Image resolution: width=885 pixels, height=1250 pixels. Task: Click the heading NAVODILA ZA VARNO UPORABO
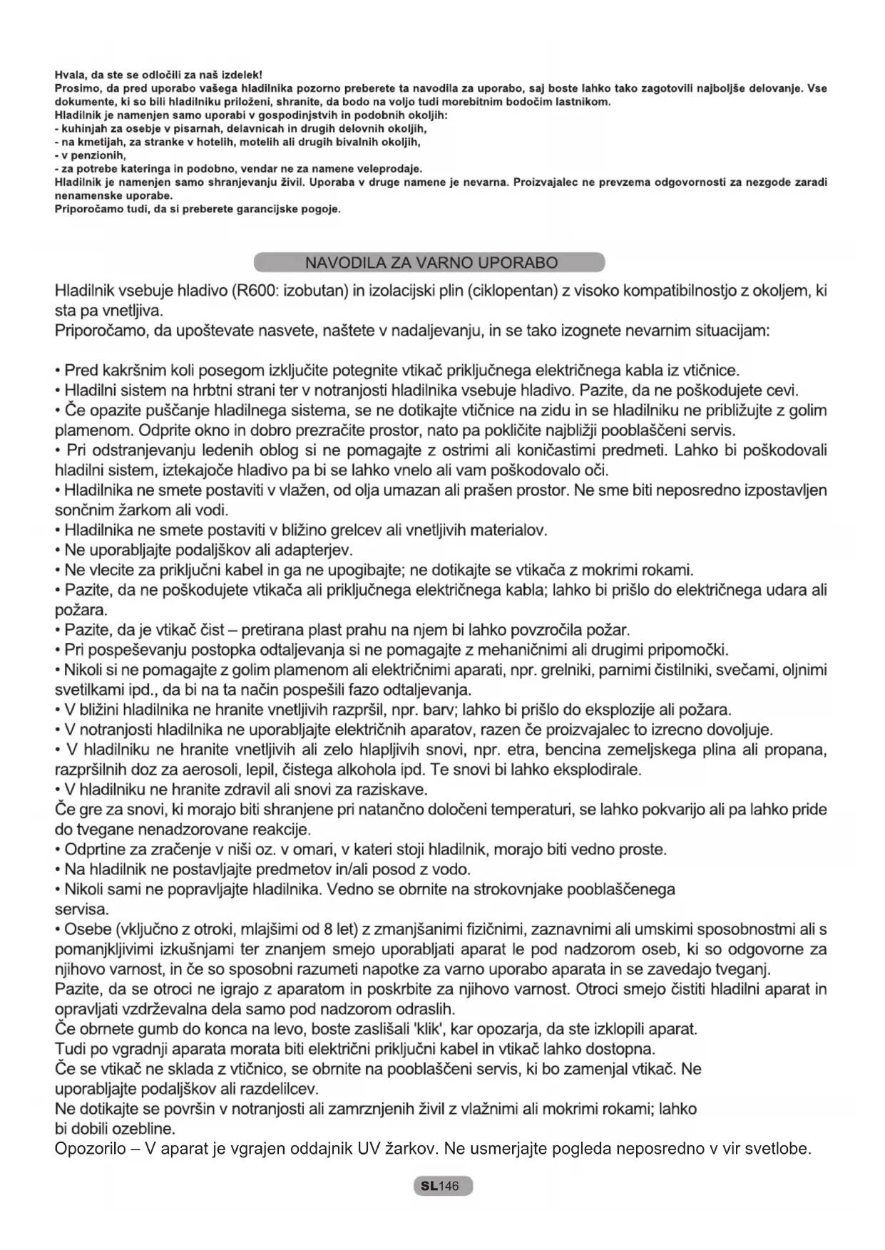pyautogui.click(x=431, y=263)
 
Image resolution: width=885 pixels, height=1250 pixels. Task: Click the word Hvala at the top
pyautogui.click(x=68, y=75)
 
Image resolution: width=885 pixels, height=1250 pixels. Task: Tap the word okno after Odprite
pyautogui.click(x=196, y=430)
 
